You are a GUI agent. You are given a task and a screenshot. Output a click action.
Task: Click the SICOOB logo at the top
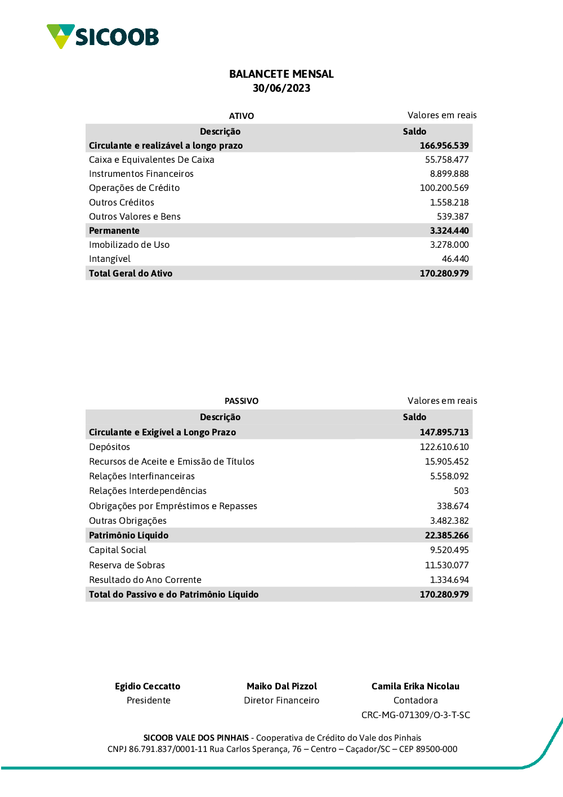[103, 37]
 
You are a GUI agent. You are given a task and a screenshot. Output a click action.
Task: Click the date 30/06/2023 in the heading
[281, 88]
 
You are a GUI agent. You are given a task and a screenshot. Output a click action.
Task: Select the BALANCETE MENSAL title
[281, 74]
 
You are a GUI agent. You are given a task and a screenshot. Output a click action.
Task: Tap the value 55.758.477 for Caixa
[446, 159]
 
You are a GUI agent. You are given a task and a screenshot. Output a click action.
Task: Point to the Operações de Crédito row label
[134, 188]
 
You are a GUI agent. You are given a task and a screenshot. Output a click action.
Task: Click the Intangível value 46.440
[455, 259]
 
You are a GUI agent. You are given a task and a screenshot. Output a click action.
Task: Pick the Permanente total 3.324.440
[449, 230]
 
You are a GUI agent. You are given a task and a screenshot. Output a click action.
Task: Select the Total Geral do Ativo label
[131, 273]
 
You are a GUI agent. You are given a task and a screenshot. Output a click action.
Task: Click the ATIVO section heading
[242, 116]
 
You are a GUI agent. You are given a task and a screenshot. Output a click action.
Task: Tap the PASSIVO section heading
[242, 401]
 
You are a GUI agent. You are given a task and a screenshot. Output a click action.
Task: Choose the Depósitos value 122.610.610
[444, 447]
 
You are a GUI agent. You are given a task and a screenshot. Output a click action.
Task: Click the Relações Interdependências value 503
[461, 491]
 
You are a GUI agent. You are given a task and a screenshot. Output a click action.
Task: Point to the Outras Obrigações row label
[128, 520]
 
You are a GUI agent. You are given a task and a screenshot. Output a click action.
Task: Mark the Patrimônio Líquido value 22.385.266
[446, 535]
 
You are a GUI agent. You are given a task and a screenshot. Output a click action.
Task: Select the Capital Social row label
[118, 550]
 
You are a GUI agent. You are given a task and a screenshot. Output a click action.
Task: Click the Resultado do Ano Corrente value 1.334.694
[449, 580]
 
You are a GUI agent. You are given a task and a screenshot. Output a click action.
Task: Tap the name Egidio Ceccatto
[148, 686]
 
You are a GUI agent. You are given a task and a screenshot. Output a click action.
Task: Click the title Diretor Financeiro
[281, 700]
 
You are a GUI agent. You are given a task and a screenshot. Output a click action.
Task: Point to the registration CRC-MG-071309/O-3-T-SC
[415, 715]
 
